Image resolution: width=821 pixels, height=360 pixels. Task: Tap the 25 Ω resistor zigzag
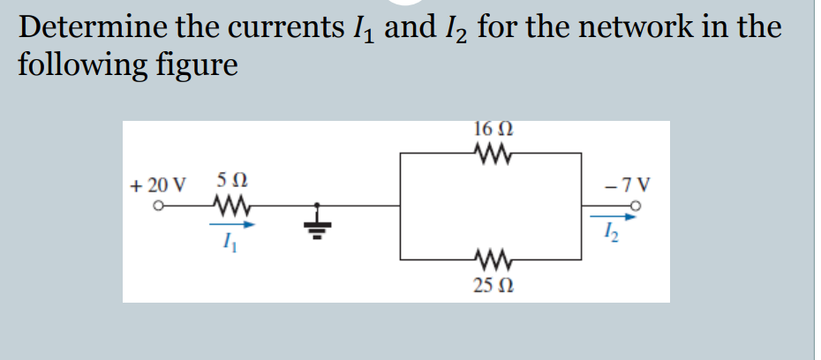point(491,259)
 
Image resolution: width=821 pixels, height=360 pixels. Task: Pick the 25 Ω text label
point(492,286)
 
